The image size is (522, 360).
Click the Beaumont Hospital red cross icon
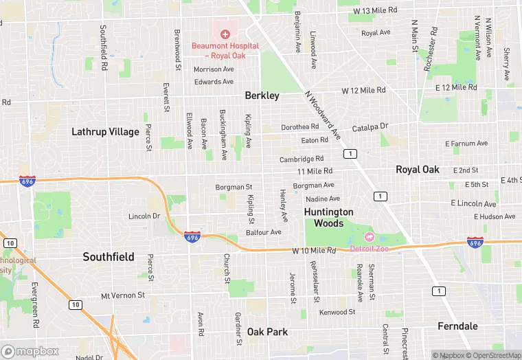click(x=225, y=34)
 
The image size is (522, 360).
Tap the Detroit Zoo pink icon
click(x=369, y=236)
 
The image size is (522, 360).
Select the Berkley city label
click(x=262, y=95)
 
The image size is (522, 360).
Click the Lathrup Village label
click(x=105, y=131)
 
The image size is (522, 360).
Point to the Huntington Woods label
click(x=328, y=218)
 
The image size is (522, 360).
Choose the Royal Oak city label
click(x=417, y=169)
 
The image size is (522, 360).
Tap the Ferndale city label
click(x=457, y=326)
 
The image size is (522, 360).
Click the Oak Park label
click(x=268, y=332)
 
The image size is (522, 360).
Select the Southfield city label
click(x=109, y=256)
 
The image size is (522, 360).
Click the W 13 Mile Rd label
click(x=376, y=10)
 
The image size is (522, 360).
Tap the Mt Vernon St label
click(x=123, y=295)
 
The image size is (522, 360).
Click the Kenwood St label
click(x=337, y=312)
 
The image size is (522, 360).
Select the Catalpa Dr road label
click(x=370, y=126)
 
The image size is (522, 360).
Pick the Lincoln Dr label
click(x=144, y=216)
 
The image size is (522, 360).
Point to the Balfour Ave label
click(x=264, y=232)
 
